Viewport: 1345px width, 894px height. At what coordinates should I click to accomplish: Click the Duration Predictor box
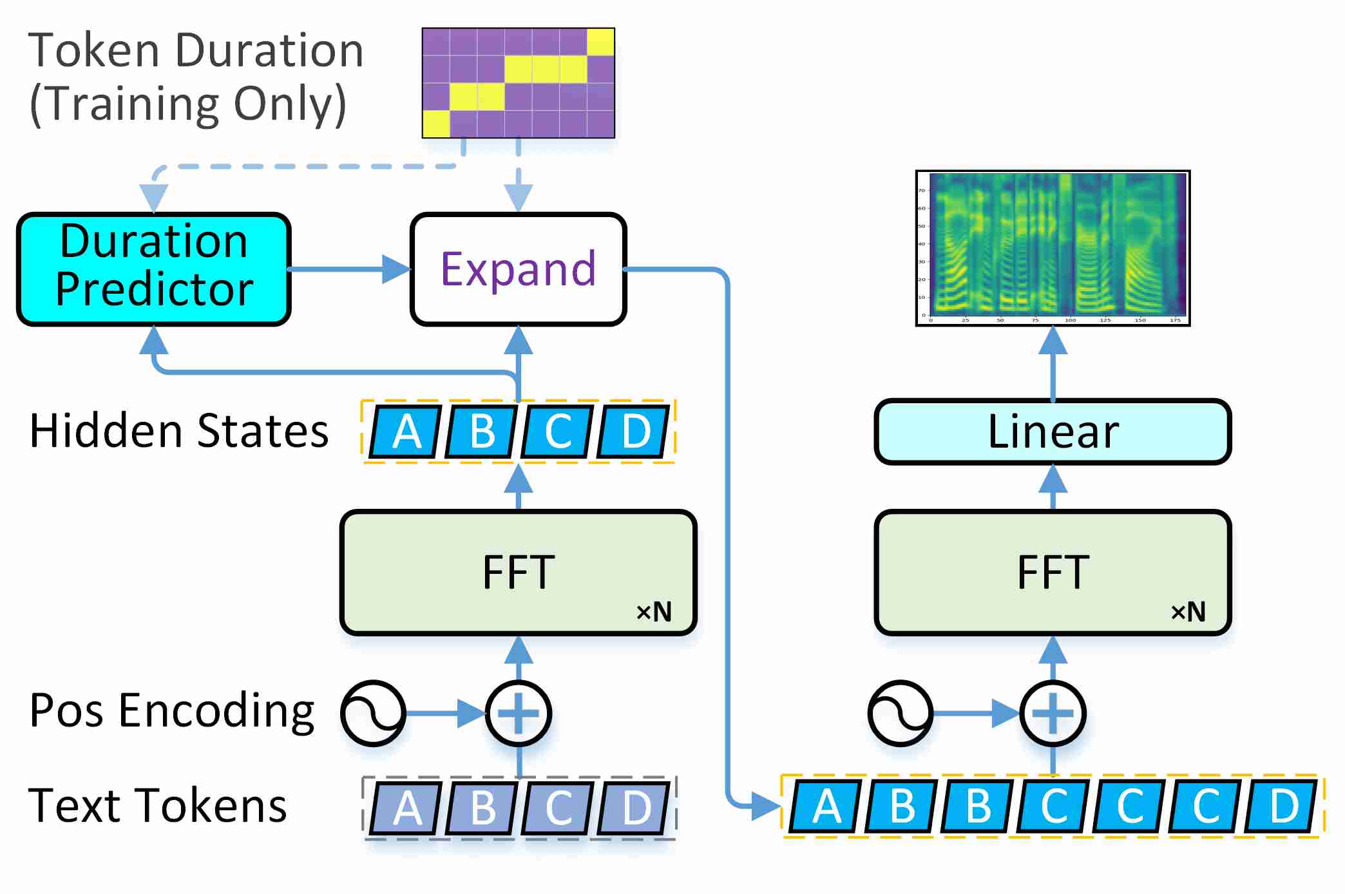click(153, 269)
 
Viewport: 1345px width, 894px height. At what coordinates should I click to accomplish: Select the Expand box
click(518, 269)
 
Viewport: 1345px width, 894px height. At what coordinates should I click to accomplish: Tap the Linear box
click(1053, 432)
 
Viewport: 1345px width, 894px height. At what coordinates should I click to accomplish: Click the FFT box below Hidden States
click(518, 573)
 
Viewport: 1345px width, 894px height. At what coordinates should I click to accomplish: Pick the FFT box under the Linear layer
click(1053, 573)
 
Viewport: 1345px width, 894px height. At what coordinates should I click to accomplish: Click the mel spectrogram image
click(1053, 248)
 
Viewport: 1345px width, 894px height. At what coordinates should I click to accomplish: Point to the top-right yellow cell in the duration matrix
click(600, 42)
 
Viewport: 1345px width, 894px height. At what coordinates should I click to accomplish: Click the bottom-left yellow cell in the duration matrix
click(436, 124)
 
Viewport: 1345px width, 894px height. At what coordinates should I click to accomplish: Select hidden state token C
click(558, 432)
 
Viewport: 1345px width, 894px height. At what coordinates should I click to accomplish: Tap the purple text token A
click(406, 808)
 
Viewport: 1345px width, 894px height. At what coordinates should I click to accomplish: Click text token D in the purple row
click(635, 808)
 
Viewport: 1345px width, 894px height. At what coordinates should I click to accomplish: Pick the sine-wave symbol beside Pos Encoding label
click(374, 713)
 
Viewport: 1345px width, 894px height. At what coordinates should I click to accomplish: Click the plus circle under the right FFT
click(1053, 713)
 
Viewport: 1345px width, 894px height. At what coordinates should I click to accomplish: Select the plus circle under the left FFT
click(518, 713)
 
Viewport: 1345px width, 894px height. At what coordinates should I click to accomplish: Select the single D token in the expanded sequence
click(1283, 806)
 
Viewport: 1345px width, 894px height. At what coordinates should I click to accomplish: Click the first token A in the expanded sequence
click(826, 806)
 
